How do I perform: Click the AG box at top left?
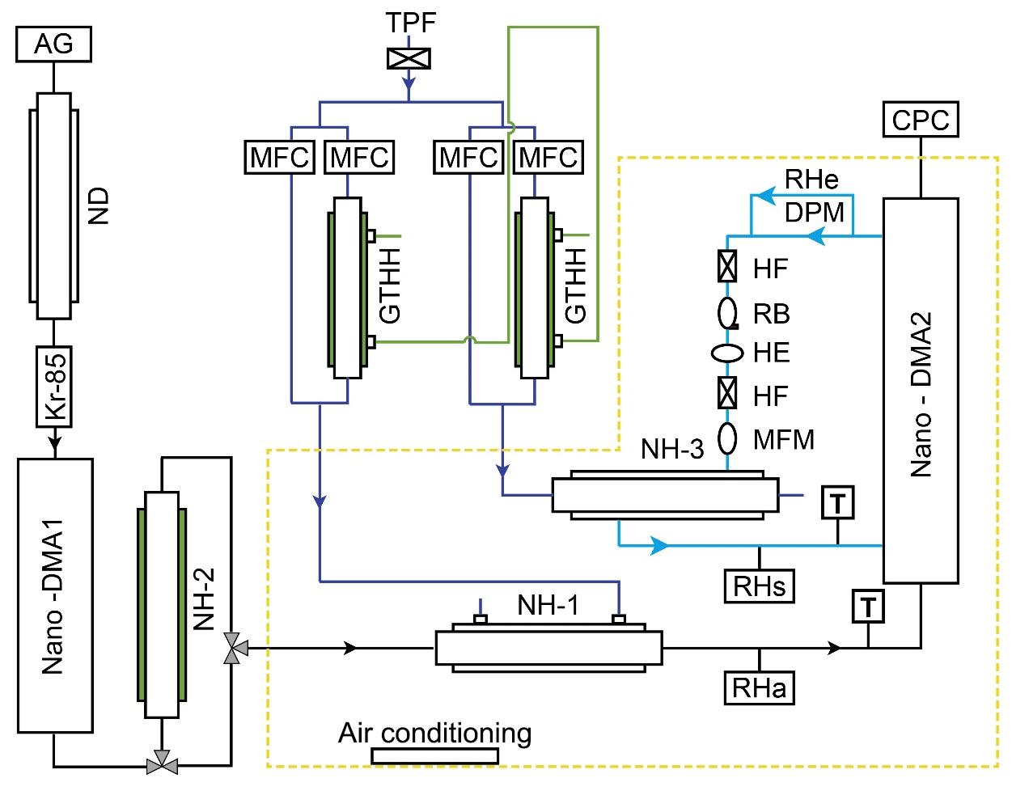tap(53, 44)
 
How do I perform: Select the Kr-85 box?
tap(54, 387)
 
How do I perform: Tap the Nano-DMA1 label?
tap(53, 596)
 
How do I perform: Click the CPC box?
tap(921, 120)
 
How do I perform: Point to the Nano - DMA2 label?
tap(921, 395)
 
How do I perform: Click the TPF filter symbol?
tap(409, 58)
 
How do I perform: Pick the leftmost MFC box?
tap(279, 157)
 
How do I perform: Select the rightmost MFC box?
tap(548, 157)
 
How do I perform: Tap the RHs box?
tap(759, 586)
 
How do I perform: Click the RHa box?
tap(759, 687)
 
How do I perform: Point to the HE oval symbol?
tap(727, 353)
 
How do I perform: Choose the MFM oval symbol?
tap(728, 438)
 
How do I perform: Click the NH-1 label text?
tap(548, 605)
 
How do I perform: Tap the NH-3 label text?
tap(672, 449)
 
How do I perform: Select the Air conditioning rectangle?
tap(435, 756)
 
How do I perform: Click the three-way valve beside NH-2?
tap(235, 648)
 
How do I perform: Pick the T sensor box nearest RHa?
tap(868, 607)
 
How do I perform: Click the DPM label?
tap(814, 212)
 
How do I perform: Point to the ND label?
tap(98, 206)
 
